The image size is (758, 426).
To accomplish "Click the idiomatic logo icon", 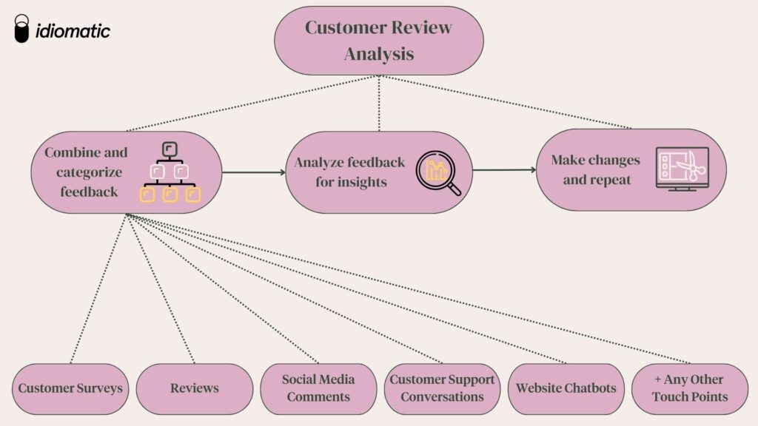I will point(22,29).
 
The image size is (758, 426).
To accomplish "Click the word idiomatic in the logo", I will point(73,30).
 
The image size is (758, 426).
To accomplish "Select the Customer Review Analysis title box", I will point(378,41).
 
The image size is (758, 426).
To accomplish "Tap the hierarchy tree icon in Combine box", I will point(170,172).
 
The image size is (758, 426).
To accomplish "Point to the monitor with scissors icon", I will point(682,169).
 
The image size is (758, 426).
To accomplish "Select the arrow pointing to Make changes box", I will point(504,170).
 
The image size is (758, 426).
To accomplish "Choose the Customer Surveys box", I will point(71,388).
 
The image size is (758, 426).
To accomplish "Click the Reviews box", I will point(195,388).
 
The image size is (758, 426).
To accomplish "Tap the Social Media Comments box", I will point(318,388).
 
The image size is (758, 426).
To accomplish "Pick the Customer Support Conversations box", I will point(442,388).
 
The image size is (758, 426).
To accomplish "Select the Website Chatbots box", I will point(566,388).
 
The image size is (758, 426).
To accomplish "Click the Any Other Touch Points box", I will point(689,388).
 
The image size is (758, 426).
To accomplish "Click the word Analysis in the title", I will point(378,54).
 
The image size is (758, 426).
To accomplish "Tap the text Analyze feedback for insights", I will point(350,172).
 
